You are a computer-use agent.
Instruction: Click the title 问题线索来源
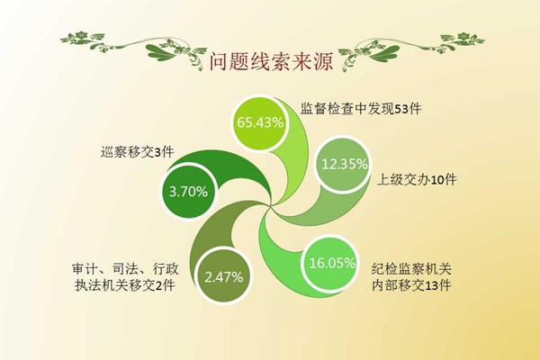click(x=271, y=62)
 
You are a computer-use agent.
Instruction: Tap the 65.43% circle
click(x=259, y=123)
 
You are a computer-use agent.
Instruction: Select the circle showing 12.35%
click(x=344, y=165)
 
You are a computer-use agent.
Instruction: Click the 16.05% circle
click(x=330, y=264)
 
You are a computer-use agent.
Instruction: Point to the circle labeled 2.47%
click(x=223, y=276)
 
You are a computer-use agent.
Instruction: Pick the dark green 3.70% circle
click(x=189, y=192)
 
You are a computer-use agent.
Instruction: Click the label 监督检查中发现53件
click(x=361, y=109)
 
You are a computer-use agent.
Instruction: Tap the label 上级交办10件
click(x=417, y=179)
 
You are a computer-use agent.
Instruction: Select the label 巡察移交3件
click(x=137, y=152)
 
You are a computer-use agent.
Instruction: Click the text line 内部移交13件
click(x=411, y=285)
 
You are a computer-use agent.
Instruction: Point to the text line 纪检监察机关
click(x=411, y=269)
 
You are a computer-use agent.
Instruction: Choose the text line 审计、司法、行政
click(x=125, y=269)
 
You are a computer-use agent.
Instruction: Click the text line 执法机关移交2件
click(x=125, y=285)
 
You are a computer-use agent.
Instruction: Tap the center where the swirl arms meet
click(x=270, y=206)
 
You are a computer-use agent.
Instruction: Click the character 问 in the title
click(x=219, y=62)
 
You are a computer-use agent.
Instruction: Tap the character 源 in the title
click(x=323, y=62)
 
